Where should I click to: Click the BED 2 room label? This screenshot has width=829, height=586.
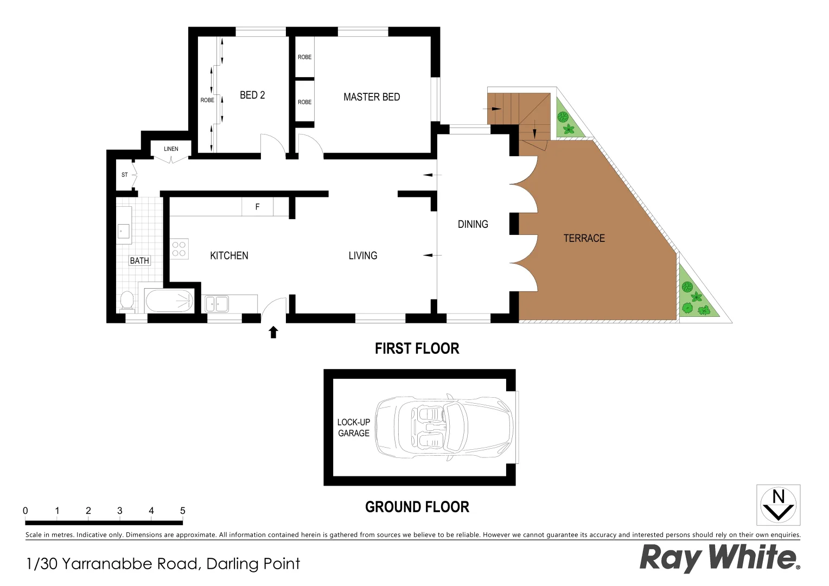tap(252, 95)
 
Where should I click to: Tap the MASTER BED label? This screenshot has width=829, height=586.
tap(372, 97)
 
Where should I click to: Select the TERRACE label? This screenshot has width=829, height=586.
tap(584, 238)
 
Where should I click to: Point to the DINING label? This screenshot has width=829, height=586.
tap(473, 224)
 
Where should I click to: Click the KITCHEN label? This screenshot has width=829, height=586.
tap(229, 256)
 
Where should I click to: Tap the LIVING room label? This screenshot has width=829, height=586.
tap(362, 256)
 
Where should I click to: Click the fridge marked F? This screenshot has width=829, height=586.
tap(257, 207)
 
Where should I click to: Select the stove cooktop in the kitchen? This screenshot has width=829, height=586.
tap(179, 249)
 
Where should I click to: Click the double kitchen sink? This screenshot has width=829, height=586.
tap(216, 303)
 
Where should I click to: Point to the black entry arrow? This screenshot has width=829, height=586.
tap(273, 332)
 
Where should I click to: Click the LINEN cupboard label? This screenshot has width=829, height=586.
tap(171, 149)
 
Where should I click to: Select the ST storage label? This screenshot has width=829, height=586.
tap(125, 175)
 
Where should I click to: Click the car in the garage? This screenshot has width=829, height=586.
tap(444, 428)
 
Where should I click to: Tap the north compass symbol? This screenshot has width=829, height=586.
tap(778, 505)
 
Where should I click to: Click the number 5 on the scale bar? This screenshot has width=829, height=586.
tap(182, 511)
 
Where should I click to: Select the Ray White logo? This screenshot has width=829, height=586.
tap(719, 557)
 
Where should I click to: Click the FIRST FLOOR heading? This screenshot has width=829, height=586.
tap(417, 348)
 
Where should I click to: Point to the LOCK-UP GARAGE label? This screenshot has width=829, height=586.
tap(354, 428)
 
